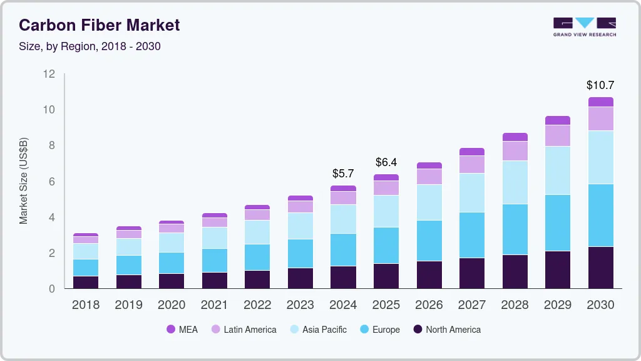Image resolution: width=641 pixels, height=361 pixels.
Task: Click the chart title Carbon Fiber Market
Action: [99, 25]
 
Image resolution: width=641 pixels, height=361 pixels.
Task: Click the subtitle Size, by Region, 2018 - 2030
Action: [94, 46]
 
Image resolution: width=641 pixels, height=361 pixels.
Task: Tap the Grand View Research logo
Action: [584, 26]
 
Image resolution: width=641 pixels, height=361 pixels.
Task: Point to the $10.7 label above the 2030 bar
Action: [600, 85]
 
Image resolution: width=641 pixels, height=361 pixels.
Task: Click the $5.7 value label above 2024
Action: [343, 173]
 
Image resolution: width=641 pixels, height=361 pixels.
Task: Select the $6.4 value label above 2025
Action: [386, 162]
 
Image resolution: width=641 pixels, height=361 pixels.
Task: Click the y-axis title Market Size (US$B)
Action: [24, 180]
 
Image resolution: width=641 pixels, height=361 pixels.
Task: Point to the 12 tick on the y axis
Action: [49, 74]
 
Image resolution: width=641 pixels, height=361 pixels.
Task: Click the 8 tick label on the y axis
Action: [52, 145]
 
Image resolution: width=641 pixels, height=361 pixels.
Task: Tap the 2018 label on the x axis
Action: [85, 305]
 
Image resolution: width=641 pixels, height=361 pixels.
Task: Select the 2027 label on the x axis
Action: [471, 305]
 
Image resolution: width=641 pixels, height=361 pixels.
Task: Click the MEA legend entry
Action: [182, 330]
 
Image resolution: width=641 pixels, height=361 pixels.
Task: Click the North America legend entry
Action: [446, 330]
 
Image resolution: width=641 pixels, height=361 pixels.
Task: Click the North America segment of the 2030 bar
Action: [600, 268]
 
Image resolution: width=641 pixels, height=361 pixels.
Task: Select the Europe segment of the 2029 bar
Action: [557, 223]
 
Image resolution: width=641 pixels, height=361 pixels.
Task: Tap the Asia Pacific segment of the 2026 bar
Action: [429, 202]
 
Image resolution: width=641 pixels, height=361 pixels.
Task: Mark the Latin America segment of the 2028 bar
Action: [515, 151]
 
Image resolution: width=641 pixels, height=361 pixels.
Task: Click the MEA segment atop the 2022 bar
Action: [257, 207]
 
